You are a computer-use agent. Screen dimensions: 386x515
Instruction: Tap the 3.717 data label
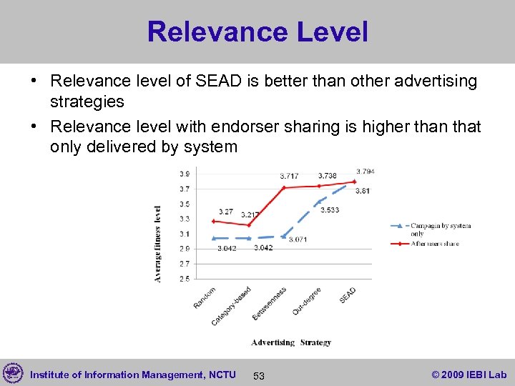(x=289, y=176)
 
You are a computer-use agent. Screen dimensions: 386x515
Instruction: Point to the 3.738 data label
(x=327, y=176)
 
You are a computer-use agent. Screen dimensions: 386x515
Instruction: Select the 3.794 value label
(x=366, y=172)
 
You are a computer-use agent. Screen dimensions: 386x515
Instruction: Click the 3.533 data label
(x=330, y=210)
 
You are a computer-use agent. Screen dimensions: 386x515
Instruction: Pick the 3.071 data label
(x=298, y=239)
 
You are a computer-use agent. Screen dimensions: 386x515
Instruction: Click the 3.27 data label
(x=226, y=212)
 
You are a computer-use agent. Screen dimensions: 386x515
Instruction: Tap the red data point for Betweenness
(x=284, y=188)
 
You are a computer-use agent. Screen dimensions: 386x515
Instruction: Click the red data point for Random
(x=213, y=221)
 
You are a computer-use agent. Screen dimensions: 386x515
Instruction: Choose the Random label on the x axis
(x=205, y=297)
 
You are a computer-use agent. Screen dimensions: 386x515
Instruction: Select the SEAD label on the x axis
(x=348, y=295)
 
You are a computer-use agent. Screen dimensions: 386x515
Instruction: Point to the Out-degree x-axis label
(x=307, y=301)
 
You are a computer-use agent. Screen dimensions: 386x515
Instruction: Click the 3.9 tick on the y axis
(x=185, y=174)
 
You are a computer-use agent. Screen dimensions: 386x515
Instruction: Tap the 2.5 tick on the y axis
(x=185, y=279)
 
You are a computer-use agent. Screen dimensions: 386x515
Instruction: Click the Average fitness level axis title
(x=158, y=244)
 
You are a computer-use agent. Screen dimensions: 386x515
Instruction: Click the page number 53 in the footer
(x=259, y=375)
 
